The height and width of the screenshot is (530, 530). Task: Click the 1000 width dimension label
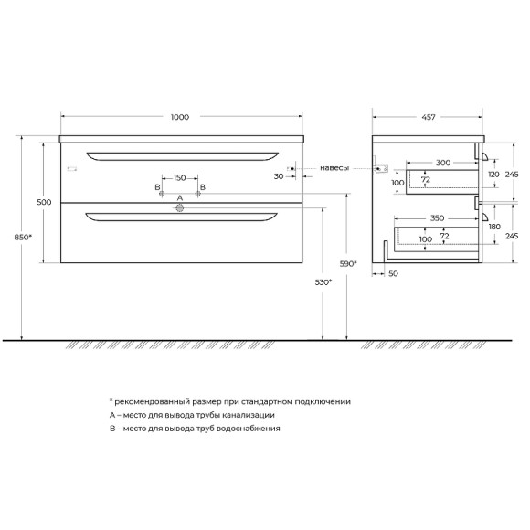(x=180, y=117)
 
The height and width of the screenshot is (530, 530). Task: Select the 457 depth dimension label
(x=429, y=117)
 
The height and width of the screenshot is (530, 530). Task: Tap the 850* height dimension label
(x=23, y=238)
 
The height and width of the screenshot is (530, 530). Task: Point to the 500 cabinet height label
(x=44, y=202)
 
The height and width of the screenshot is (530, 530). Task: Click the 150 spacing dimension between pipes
(x=179, y=178)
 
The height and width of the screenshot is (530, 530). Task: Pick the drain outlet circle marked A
(x=180, y=207)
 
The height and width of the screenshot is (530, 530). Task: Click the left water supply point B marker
(x=162, y=194)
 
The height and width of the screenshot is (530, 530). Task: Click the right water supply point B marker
(x=198, y=194)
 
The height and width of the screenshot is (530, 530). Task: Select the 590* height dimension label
(x=348, y=264)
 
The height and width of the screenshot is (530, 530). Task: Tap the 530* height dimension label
(x=323, y=281)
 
